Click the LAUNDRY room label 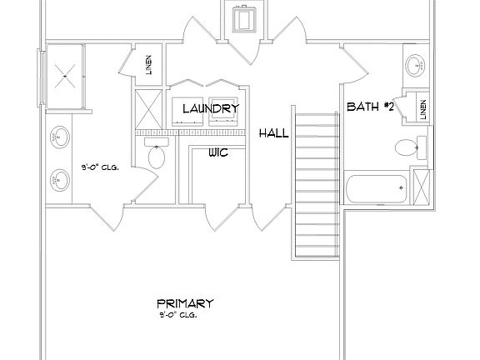point(210,108)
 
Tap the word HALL point(272,133)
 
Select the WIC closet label point(217,152)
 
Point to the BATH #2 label point(371,107)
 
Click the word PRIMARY point(185,303)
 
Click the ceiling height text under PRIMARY point(178,316)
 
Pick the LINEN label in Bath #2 point(422,109)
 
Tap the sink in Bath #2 point(415,66)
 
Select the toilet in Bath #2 point(406,148)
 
